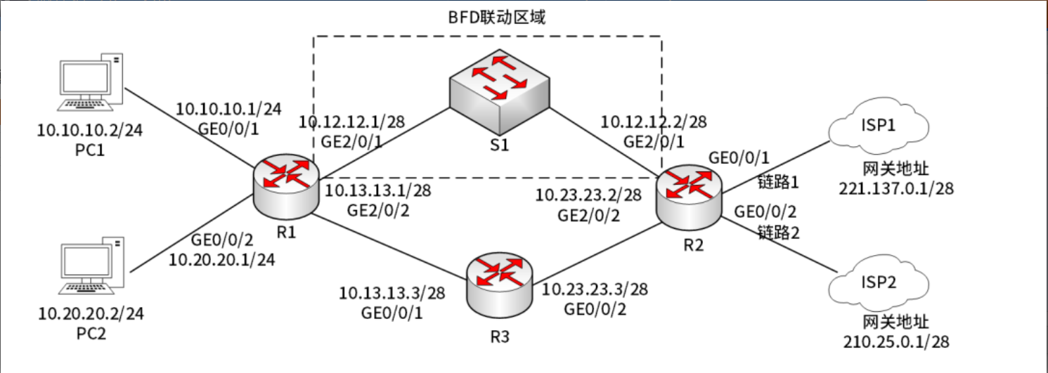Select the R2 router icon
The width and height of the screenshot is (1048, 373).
click(x=688, y=193)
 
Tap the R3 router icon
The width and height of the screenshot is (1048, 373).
click(x=499, y=284)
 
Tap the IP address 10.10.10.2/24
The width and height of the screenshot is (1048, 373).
click(x=91, y=131)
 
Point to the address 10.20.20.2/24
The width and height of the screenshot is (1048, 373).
click(x=91, y=313)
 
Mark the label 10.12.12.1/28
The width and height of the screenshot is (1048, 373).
click(x=351, y=122)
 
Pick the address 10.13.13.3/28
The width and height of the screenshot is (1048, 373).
click(x=392, y=292)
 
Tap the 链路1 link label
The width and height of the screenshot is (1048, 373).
click(x=779, y=182)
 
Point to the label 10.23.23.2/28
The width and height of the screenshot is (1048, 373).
click(x=589, y=195)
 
